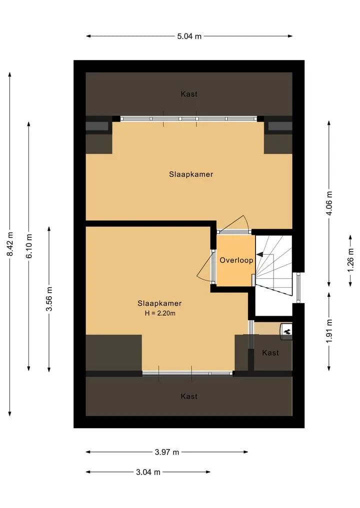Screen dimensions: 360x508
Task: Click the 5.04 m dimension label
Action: click(189, 36)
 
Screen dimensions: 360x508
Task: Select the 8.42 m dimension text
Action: click(10, 244)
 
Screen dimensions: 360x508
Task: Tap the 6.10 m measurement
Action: click(29, 246)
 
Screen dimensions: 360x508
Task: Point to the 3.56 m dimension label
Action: click(49, 299)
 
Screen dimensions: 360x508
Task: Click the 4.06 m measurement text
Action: click(329, 203)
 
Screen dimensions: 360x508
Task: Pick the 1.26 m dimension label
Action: click(350, 261)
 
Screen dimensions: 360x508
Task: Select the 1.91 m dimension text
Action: click(329, 331)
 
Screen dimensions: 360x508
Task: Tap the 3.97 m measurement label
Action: click(166, 452)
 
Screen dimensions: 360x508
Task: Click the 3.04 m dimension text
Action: click(148, 472)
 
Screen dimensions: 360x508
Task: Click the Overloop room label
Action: click(236, 260)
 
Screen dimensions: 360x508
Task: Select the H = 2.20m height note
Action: click(160, 313)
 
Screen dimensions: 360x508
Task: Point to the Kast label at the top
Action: click(189, 94)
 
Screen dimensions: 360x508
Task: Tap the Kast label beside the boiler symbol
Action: click(270, 353)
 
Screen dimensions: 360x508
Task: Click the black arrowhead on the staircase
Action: click(259, 255)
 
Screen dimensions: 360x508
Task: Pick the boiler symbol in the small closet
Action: click(286, 332)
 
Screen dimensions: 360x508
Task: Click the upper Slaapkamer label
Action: click(191, 174)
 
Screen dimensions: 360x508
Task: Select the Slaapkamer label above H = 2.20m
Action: click(159, 303)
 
